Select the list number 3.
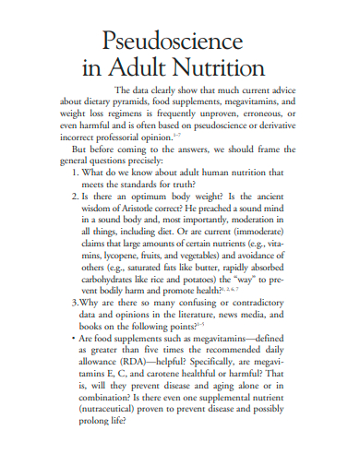74,302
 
